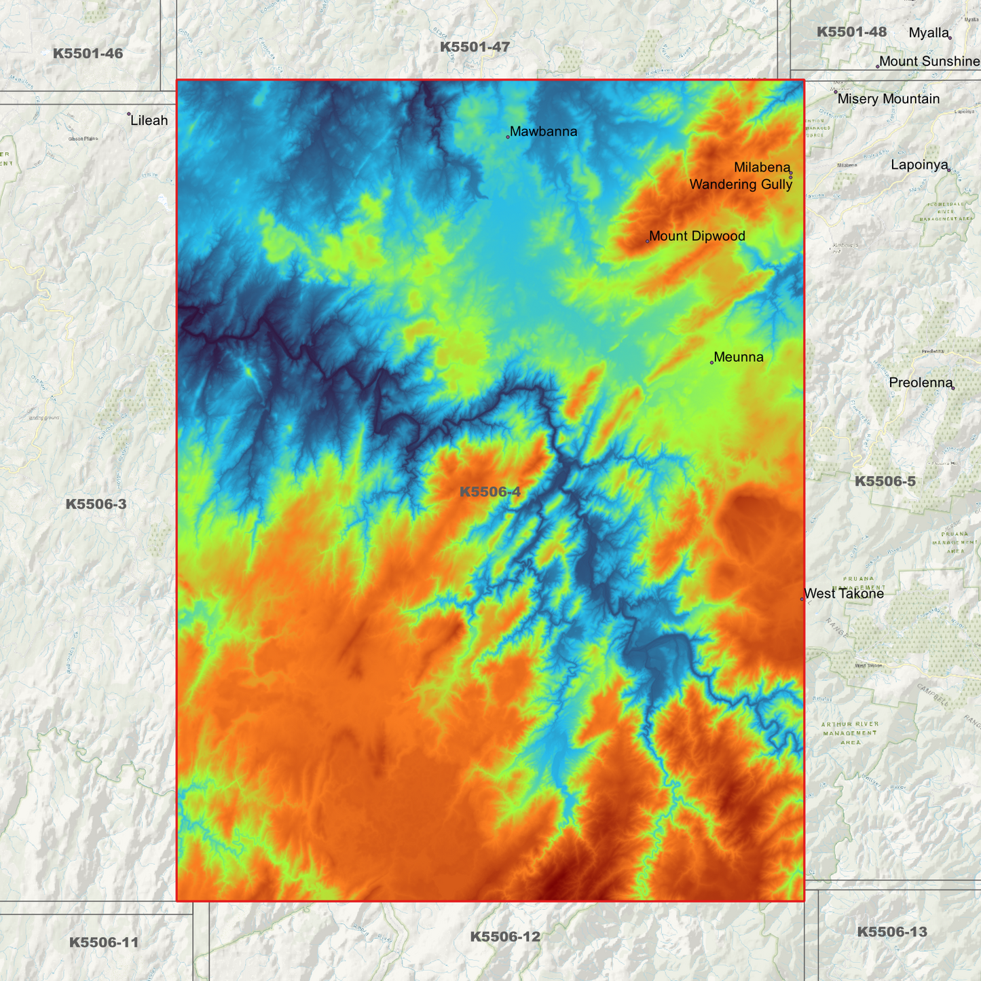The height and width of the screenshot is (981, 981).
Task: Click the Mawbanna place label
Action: tap(543, 132)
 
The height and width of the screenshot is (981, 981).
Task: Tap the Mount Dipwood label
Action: tap(697, 236)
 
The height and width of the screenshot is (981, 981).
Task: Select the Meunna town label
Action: tap(739, 357)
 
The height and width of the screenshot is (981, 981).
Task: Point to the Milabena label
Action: tap(762, 168)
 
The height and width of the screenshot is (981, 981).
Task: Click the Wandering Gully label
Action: tap(741, 185)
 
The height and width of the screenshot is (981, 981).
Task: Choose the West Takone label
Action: tap(844, 593)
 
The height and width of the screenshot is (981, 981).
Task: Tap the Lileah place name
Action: tap(149, 121)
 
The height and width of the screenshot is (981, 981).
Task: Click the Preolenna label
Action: tap(921, 383)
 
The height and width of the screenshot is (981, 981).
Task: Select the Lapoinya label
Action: tap(919, 165)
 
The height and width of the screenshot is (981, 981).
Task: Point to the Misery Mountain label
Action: tap(888, 99)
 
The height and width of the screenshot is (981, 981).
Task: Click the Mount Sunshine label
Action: tap(929, 62)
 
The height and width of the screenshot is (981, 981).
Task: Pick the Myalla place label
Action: tap(928, 33)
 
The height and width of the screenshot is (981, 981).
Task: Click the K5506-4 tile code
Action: tap(489, 492)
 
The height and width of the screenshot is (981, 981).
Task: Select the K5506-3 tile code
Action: tap(96, 504)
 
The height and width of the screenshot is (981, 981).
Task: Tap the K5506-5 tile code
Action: tap(885, 481)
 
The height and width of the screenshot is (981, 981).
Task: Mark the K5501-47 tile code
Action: tap(475, 47)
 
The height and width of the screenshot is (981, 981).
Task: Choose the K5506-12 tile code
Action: tap(505, 937)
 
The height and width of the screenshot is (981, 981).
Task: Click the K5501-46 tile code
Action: tap(88, 53)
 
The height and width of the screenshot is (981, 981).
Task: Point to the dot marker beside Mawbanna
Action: tap(508, 136)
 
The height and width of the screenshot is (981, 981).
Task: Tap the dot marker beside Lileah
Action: tap(129, 114)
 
